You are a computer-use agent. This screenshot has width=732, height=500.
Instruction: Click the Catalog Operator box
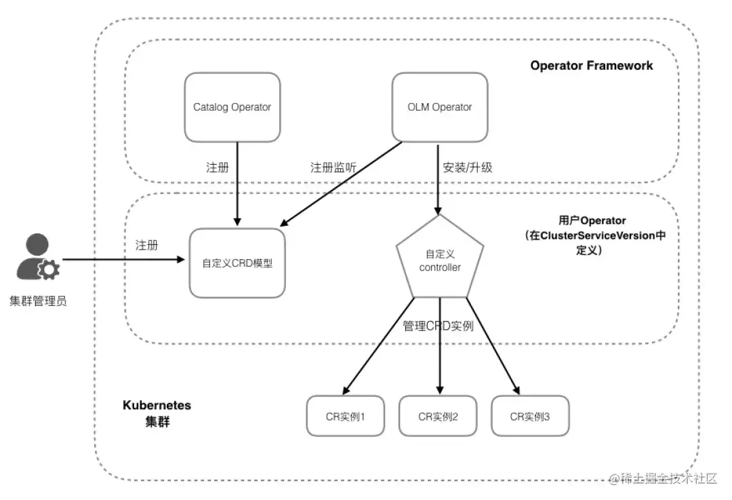pos(232,107)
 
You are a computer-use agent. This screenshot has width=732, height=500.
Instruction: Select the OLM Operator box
pos(440,107)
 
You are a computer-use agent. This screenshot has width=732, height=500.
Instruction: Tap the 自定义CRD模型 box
pos(237,263)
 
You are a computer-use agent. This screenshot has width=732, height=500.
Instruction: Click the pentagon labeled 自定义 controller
pos(440,261)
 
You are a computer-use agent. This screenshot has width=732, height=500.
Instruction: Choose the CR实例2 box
pos(438,415)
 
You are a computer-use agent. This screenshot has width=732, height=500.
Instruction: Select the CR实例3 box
pos(530,415)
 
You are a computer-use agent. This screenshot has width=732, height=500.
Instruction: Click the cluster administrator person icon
pos(38,258)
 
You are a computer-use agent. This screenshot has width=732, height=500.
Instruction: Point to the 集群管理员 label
pos(38,301)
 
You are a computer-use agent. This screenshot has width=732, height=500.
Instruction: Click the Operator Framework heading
pos(592,66)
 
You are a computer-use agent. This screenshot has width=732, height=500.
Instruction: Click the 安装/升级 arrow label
pos(467,168)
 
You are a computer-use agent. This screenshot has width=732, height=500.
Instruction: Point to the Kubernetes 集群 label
pos(157,412)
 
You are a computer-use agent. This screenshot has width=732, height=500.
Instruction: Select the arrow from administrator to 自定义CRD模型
pos(122,259)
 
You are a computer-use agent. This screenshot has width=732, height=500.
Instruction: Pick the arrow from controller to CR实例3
pos(493,346)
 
